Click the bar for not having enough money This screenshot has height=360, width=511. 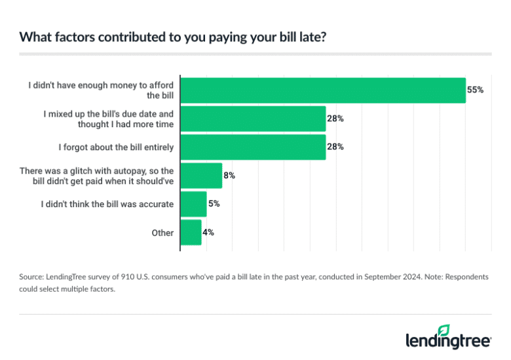point(322,90)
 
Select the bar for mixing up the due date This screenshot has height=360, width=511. point(253,119)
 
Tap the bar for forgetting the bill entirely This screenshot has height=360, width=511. point(253,147)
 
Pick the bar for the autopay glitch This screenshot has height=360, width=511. point(201,176)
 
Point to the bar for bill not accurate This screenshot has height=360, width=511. point(193,204)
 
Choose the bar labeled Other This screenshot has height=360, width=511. point(191,232)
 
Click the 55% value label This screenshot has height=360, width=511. point(475,90)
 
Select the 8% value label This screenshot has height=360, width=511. point(229,176)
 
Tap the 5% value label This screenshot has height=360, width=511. point(214,204)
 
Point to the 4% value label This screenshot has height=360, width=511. point(208,232)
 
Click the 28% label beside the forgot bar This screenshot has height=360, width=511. point(335,147)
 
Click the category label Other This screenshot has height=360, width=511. point(162,233)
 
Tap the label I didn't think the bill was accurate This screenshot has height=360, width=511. point(107,204)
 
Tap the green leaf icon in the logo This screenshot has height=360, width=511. point(444,330)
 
